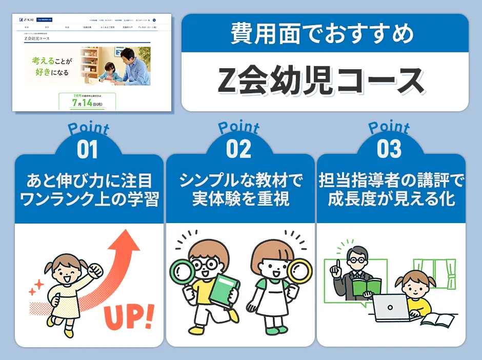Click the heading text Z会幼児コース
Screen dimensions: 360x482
(x=321, y=81)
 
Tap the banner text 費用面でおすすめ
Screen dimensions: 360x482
(x=322, y=34)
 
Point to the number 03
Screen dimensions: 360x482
(x=389, y=150)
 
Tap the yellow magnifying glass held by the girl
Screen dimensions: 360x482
(x=299, y=271)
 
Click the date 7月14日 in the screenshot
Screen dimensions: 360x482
(x=87, y=102)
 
